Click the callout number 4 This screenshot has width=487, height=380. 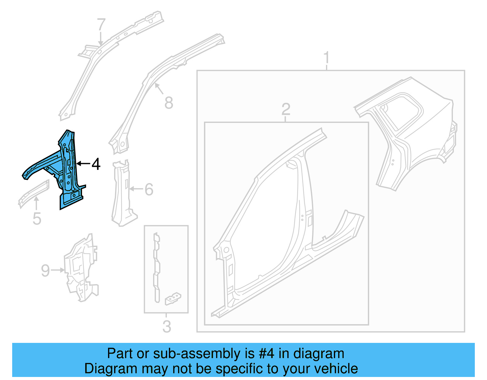96,164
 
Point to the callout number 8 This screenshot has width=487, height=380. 169,103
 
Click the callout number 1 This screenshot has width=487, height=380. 327,57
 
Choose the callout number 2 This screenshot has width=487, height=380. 286,109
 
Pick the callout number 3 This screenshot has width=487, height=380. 166,326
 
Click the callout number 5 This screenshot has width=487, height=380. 37,219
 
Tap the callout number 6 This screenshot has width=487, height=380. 149,189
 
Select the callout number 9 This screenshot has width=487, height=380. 45,270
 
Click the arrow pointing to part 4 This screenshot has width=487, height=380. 83,164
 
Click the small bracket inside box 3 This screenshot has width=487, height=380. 173,298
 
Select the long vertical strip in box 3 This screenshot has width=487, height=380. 156,268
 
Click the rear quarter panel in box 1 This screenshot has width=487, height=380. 408,131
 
